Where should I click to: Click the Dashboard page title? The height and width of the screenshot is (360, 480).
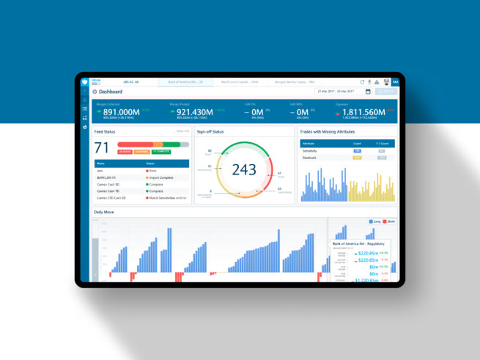click(111, 92)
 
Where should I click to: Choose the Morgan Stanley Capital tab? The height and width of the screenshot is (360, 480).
click(291, 81)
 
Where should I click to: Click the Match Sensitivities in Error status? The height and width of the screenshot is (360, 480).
click(167, 197)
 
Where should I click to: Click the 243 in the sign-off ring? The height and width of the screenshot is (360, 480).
click(244, 169)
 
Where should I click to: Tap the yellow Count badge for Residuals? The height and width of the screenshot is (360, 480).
click(358, 157)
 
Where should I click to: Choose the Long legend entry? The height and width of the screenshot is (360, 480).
click(374, 221)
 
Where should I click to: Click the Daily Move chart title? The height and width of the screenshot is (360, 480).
click(104, 212)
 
